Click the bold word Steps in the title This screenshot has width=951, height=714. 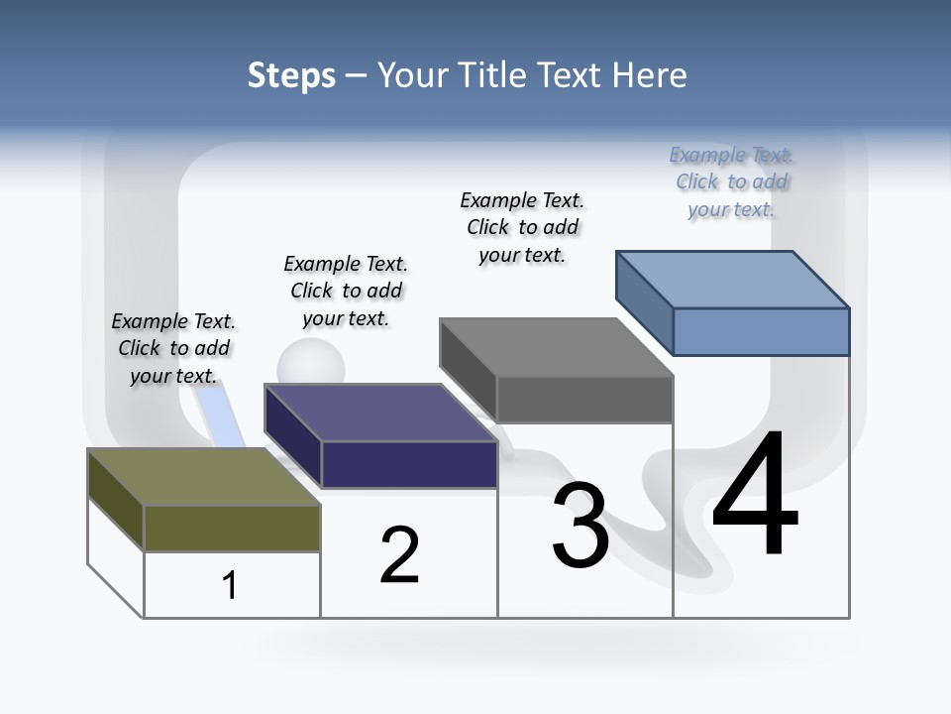coord(291,75)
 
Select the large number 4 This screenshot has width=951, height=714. coord(755,495)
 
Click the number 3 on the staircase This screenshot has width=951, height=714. coord(581,527)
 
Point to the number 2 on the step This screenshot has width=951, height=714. coord(400,555)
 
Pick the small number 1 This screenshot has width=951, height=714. coord(230,585)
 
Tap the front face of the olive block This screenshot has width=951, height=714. coord(232,528)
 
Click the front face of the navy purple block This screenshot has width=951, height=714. coord(409,464)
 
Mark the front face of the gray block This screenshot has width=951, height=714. coord(584,400)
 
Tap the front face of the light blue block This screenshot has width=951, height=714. coord(761,331)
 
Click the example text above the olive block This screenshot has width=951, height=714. coord(173,348)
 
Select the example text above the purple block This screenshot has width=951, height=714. coord(346,291)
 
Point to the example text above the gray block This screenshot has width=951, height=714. coord(522,227)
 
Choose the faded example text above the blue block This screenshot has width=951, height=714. coord(731,181)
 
